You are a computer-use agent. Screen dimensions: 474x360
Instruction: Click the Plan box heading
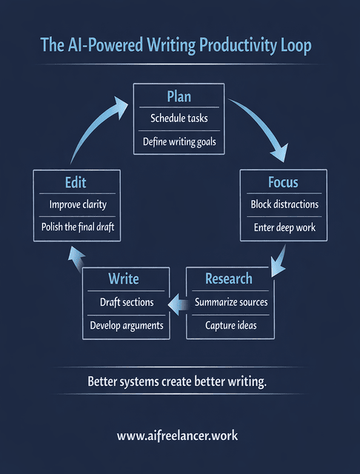[x=179, y=97]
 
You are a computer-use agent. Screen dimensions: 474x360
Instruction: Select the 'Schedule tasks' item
[x=179, y=118]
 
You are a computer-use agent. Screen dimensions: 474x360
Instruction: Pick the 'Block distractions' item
[x=284, y=204]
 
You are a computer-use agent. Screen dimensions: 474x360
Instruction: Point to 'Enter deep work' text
[x=284, y=227]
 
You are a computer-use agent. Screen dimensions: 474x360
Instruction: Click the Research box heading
[x=229, y=279]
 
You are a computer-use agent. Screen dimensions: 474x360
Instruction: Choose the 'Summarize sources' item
[x=230, y=302]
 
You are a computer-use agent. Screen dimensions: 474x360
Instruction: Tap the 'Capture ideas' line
[x=230, y=324]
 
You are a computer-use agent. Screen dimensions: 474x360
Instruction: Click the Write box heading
[x=124, y=279]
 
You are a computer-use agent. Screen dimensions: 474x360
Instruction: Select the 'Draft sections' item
[x=127, y=302]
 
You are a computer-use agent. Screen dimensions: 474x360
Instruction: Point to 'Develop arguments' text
[x=127, y=324]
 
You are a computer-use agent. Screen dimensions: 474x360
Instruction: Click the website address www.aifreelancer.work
[x=178, y=435]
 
